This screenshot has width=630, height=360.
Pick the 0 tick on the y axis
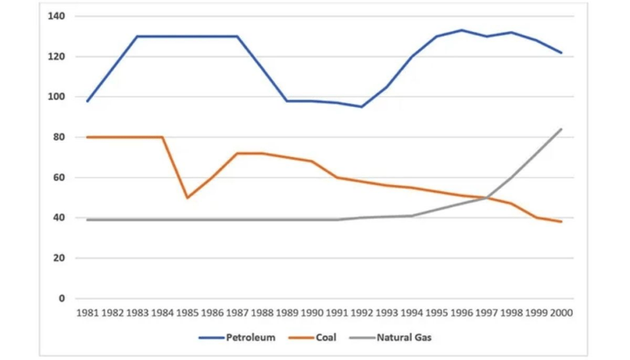(x=61, y=298)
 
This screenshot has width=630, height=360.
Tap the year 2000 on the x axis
(x=561, y=313)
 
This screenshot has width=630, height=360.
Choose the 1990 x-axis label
(x=311, y=313)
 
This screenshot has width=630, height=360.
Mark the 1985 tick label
(x=187, y=313)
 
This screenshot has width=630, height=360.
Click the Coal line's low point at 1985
(x=187, y=198)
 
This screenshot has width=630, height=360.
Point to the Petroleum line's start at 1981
(x=87, y=101)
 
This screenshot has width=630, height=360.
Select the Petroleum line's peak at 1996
(x=461, y=30)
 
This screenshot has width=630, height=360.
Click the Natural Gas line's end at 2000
(x=561, y=129)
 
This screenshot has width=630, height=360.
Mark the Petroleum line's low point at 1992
(x=361, y=107)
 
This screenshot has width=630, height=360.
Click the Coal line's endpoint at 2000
(x=561, y=222)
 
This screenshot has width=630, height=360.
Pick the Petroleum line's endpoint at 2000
(x=561, y=53)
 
